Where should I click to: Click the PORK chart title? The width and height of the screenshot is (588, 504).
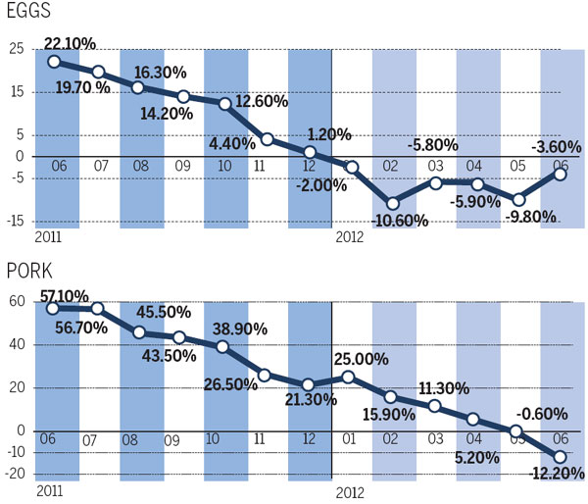[x=31, y=270]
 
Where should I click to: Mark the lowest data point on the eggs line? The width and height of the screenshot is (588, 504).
[x=393, y=203]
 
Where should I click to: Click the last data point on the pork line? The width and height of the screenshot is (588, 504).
[x=560, y=457]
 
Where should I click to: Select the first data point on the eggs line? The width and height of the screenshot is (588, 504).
[x=54, y=61]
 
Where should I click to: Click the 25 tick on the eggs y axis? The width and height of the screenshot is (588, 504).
[x=17, y=49]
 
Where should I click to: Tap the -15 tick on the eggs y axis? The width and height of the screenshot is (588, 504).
[x=17, y=221]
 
